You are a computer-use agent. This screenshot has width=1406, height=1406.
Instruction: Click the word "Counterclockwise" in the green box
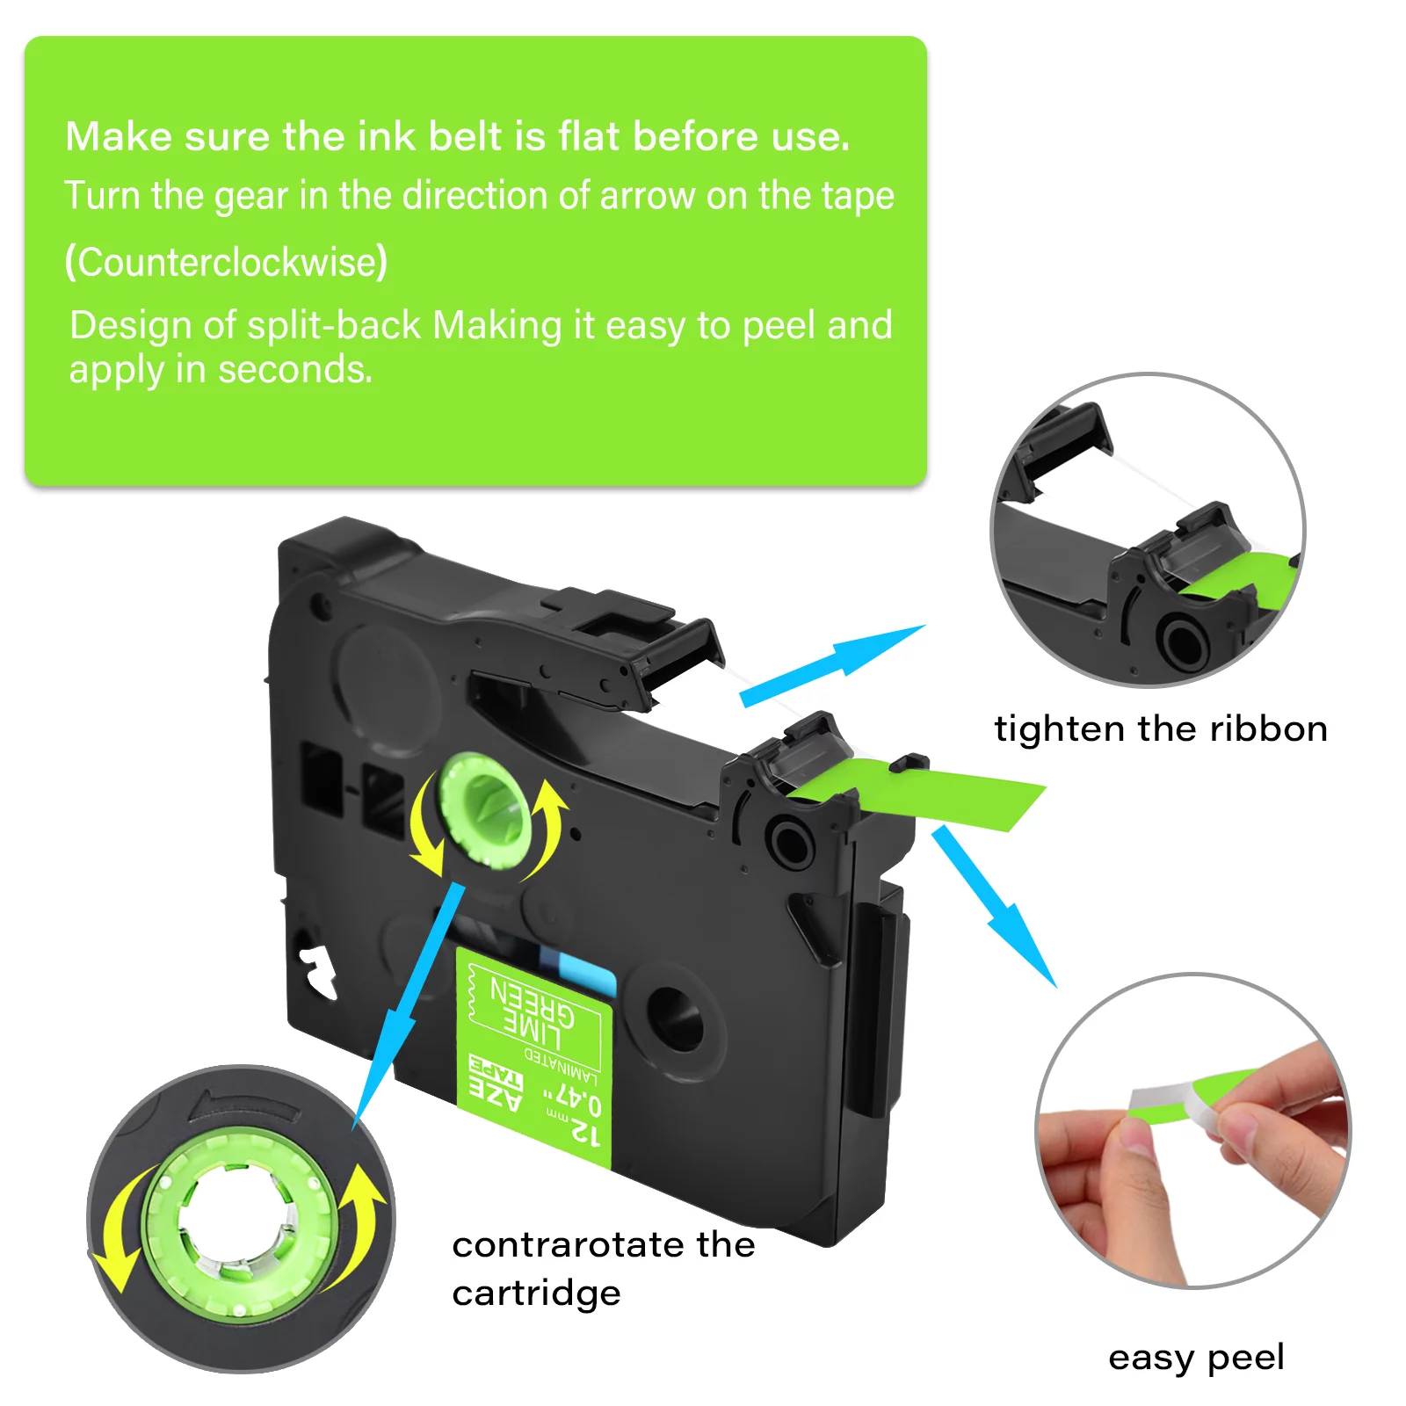[226, 262]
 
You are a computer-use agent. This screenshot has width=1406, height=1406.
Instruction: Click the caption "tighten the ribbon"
[1160, 728]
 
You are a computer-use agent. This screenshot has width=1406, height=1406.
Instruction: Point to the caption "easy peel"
[1196, 1357]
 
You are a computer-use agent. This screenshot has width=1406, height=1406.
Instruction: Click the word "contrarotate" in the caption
[567, 1244]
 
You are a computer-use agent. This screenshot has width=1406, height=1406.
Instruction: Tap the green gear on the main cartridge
[485, 808]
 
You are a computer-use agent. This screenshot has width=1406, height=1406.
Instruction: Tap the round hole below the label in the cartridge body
[675, 1018]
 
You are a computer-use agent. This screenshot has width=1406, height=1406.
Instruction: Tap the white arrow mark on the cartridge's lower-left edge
[317, 971]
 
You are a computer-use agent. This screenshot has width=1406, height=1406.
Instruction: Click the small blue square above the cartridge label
[585, 975]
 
